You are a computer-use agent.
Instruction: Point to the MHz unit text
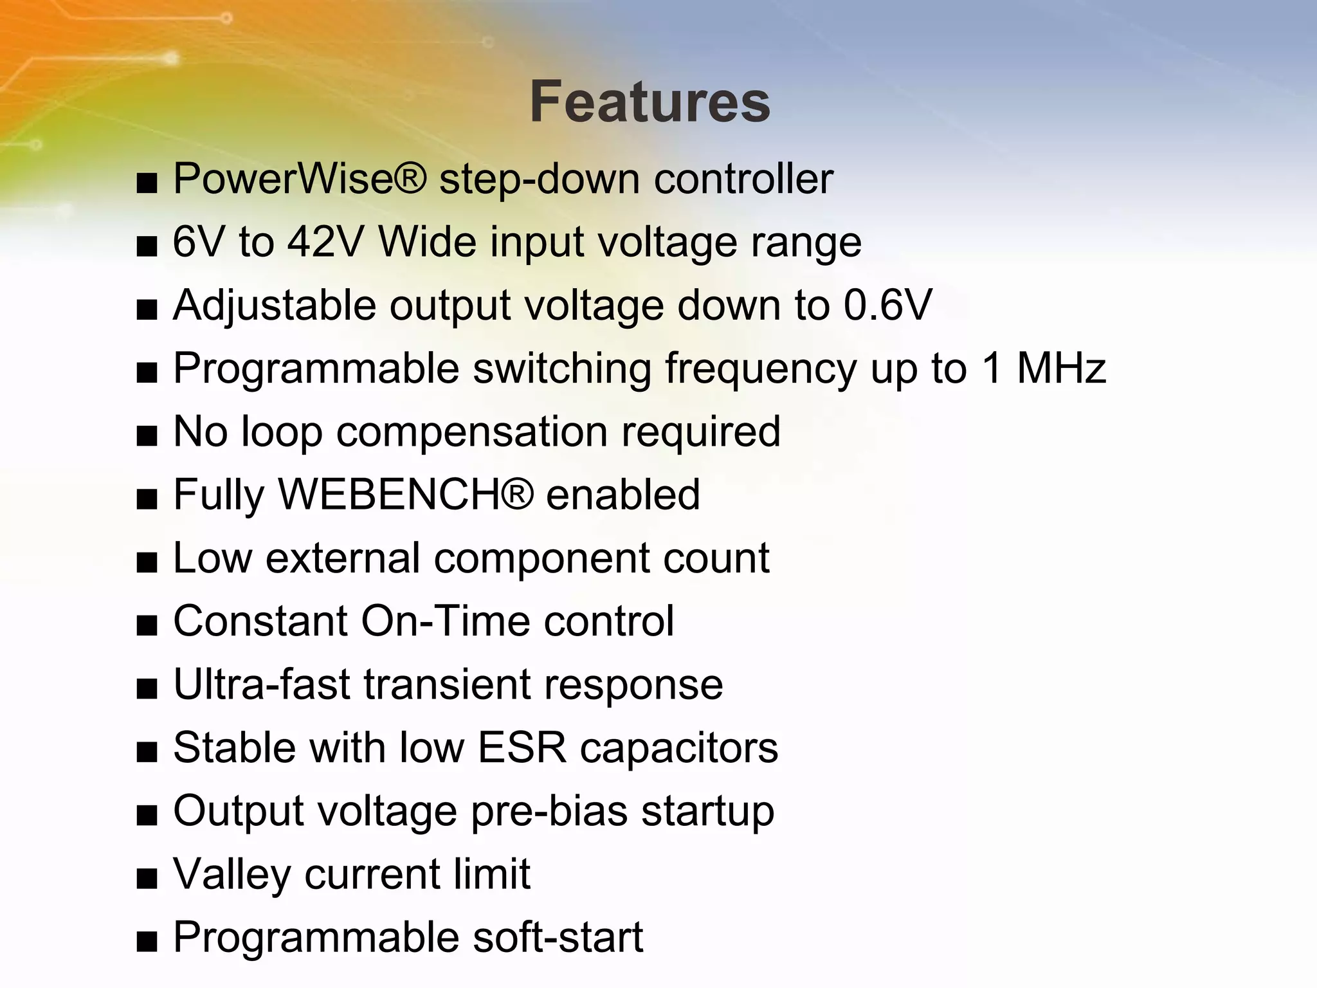tap(1061, 368)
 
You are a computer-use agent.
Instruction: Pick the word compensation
tap(472, 431)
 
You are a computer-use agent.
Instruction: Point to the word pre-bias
tap(549, 811)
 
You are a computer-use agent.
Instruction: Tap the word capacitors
tap(678, 747)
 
